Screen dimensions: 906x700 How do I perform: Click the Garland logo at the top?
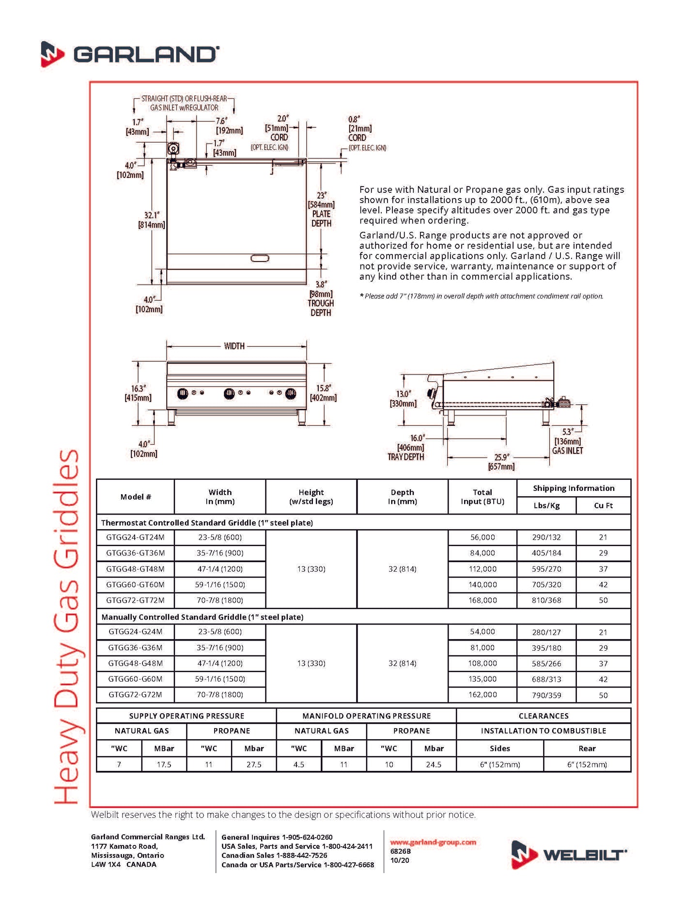130,54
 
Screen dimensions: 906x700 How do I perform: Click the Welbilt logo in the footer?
569,855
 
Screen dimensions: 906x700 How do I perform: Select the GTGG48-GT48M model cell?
135,569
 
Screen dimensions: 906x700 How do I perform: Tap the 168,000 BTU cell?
482,600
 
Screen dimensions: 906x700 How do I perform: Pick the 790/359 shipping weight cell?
546,695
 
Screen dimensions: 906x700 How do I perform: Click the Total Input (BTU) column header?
482,497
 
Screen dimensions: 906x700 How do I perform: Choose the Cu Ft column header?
603,505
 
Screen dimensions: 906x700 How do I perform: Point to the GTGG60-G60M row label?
135,679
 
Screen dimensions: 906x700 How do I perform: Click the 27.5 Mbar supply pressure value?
254,765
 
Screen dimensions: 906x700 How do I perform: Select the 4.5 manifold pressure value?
299,765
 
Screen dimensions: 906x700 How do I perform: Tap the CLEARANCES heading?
544,716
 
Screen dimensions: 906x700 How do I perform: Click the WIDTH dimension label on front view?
234,346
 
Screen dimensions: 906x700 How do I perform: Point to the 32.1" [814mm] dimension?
152,220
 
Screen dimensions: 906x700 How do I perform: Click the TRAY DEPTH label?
405,457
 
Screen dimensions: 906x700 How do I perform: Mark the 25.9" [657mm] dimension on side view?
501,462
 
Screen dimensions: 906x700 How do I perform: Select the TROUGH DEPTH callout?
321,308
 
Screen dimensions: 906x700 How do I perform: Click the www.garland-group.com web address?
433,842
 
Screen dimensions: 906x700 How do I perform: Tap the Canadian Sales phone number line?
274,856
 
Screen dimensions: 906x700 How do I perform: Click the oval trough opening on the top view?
260,258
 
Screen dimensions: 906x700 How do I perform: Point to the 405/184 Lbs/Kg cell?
546,553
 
